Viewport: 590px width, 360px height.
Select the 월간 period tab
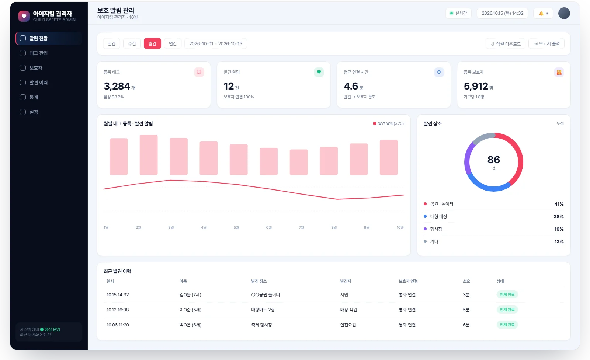152,43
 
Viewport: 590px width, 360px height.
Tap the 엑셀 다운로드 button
506,44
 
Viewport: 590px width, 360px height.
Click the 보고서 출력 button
546,44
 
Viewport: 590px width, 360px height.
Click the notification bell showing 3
543,13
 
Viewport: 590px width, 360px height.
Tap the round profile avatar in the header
564,13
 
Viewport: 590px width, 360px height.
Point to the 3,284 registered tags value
117,86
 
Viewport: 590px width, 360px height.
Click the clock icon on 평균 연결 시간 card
439,72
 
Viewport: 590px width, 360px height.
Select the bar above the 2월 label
149,155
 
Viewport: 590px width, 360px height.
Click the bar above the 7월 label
299,162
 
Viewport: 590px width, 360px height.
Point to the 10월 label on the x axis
400,227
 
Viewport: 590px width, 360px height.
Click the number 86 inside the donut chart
494,160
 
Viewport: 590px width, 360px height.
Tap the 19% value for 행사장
559,229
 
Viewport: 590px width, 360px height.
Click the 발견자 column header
346,281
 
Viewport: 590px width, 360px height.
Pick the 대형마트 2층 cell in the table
263,310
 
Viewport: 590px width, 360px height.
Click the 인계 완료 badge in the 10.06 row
507,325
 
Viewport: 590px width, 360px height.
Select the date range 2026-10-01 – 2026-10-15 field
215,43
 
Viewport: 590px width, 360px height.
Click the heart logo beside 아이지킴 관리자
24,16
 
